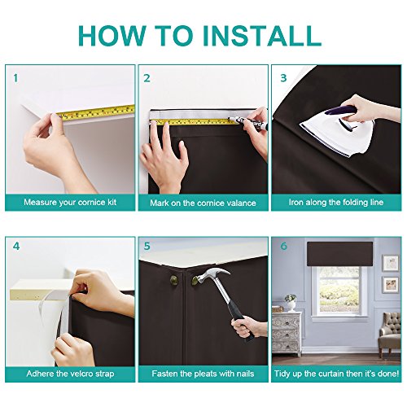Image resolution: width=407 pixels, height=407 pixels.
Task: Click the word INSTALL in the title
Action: pyautogui.click(x=261, y=36)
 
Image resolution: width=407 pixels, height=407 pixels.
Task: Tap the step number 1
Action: pyautogui.click(x=15, y=78)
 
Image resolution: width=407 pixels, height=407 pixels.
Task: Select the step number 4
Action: pyautogui.click(x=16, y=247)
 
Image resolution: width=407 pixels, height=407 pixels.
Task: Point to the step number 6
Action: pyautogui.click(x=283, y=246)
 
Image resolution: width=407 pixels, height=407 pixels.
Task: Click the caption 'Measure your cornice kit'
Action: pyautogui.click(x=70, y=203)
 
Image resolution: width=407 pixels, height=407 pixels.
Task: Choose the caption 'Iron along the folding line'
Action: pyautogui.click(x=336, y=203)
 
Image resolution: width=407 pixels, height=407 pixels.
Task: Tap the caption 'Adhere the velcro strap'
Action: pyautogui.click(x=70, y=374)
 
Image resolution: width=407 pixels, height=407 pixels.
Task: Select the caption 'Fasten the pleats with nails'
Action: pyautogui.click(x=203, y=374)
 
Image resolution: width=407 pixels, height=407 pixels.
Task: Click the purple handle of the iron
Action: pyautogui.click(x=343, y=112)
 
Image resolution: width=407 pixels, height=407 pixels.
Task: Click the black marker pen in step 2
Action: pyautogui.click(x=248, y=123)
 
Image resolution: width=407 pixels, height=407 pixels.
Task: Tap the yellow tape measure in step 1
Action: pyautogui.click(x=96, y=112)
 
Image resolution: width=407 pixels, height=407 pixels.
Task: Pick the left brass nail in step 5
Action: pyautogui.click(x=174, y=280)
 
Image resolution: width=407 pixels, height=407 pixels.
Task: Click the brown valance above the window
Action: pyautogui.click(x=340, y=254)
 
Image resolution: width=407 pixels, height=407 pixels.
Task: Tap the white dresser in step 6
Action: pyautogui.click(x=287, y=334)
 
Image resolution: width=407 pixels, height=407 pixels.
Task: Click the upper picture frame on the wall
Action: pyautogui.click(x=390, y=263)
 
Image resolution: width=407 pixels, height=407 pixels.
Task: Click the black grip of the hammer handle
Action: pyautogui.click(x=242, y=324)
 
